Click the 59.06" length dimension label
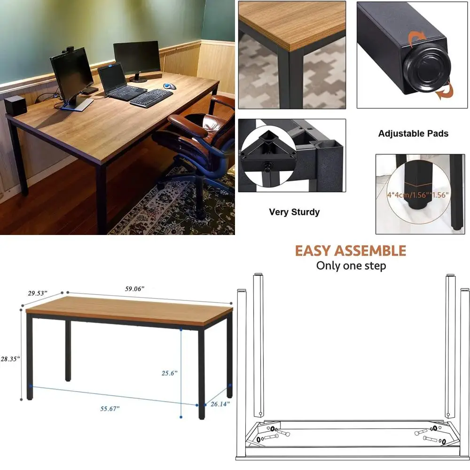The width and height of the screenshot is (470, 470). tap(134, 289)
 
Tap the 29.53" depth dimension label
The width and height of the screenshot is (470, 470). tap(38, 293)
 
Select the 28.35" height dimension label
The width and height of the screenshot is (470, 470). tap(10, 359)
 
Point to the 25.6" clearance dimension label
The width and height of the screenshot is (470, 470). tap(169, 373)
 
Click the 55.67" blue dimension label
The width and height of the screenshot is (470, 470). tap(110, 408)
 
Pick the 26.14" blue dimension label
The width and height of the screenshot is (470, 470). tap(220, 404)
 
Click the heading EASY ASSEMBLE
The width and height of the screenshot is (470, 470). tap(351, 251)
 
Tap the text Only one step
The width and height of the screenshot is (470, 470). tap(351, 266)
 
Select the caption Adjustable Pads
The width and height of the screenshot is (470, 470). tap(413, 133)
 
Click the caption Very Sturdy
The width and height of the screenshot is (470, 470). tap(294, 212)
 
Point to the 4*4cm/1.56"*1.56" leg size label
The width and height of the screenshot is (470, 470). tap(417, 195)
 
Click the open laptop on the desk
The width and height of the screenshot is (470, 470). tap(120, 82)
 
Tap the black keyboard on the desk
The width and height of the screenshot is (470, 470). tap(151, 98)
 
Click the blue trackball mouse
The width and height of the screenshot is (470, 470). tap(170, 86)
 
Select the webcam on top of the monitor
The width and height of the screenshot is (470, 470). tap(69, 49)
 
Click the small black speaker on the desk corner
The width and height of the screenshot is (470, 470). tap(15, 106)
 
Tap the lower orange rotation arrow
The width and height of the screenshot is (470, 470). tap(445, 90)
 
